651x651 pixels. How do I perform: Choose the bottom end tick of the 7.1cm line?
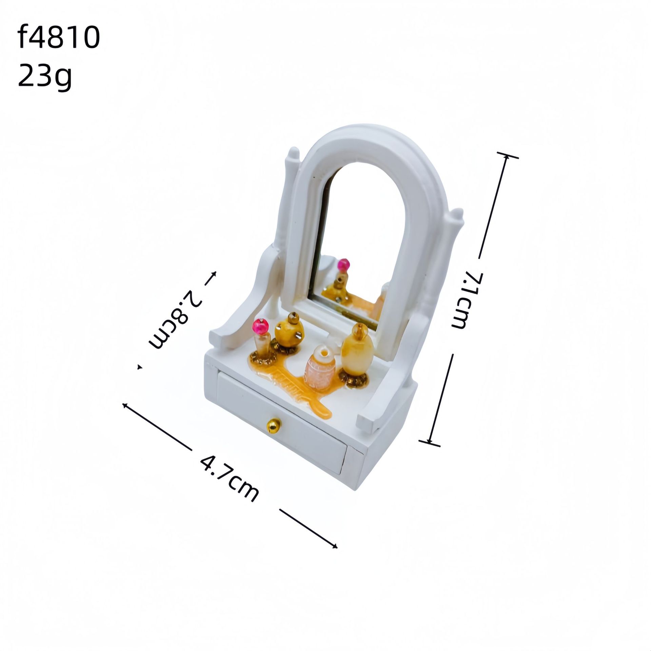tap(430, 442)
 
